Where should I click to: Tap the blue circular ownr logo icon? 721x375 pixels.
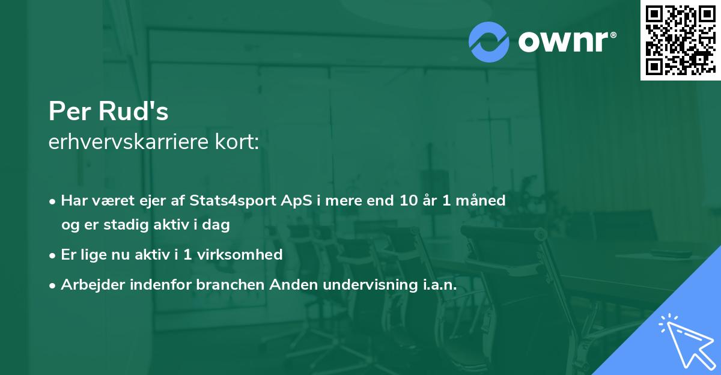click(489, 41)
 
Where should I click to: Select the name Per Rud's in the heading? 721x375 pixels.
click(108, 112)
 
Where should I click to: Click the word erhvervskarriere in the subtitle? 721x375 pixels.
click(130, 142)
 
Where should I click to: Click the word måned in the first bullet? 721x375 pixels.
click(483, 200)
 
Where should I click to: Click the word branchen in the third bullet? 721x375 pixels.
click(226, 285)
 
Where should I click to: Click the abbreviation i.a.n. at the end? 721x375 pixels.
click(436, 285)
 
